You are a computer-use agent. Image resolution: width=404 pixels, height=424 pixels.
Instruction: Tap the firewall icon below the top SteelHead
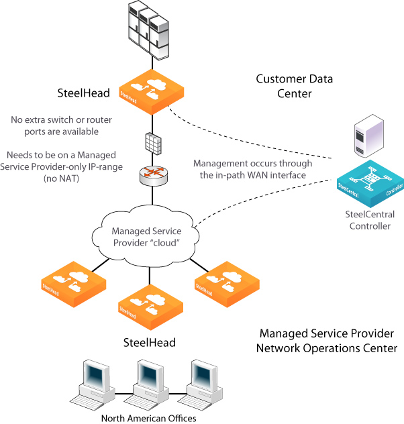(152, 142)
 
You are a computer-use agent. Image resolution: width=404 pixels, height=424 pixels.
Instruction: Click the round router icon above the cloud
(151, 174)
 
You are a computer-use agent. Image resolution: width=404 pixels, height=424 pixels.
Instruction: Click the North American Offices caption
(148, 418)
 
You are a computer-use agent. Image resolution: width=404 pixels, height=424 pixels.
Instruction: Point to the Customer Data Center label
(295, 87)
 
